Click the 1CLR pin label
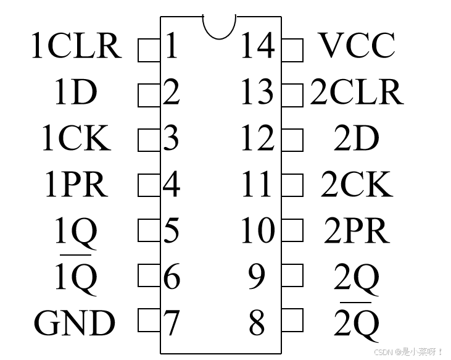tap(77, 46)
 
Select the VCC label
tap(357, 45)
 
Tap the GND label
tap(75, 322)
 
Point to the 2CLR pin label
tap(357, 92)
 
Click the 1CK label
tap(76, 138)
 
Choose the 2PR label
tap(357, 230)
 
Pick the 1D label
tap(76, 92)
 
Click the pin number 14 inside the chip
tap(257, 46)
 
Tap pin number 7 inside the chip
tap(172, 322)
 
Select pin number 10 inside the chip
tap(257, 230)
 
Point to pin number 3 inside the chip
tap(172, 138)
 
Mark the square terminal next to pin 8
tap(293, 320)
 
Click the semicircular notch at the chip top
tap(219, 27)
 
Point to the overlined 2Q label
tap(357, 321)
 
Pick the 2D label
tap(357, 138)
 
